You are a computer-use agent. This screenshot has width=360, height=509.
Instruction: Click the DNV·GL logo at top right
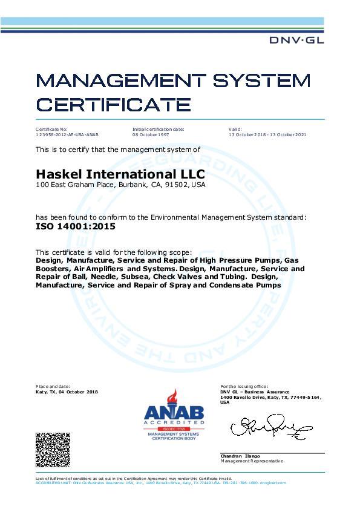coord(296,39)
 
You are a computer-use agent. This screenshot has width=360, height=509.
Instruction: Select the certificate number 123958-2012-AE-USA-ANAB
coord(67,134)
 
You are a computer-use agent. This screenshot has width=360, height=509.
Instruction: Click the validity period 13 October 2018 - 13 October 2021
coord(267,134)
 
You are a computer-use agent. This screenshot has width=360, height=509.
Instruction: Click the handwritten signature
coord(267,426)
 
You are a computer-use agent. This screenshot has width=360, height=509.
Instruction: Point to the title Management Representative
coord(251,461)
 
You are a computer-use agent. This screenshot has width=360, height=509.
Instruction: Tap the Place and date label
coord(53,386)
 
